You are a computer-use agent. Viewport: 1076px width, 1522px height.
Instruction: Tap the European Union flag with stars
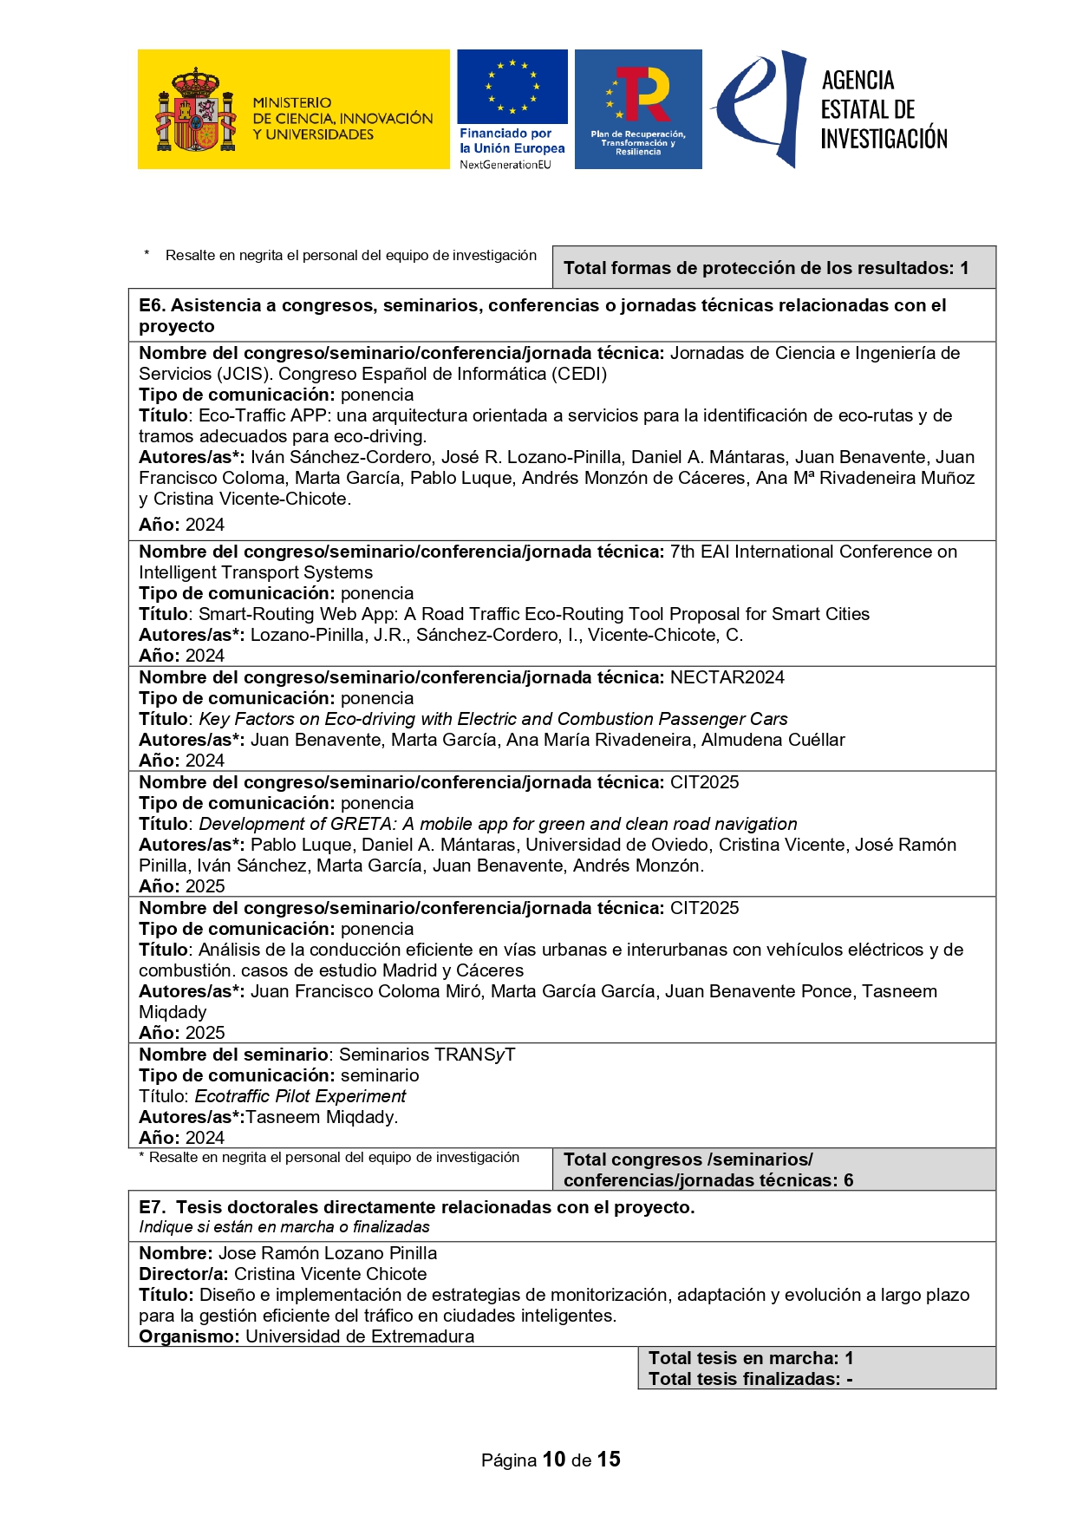512,87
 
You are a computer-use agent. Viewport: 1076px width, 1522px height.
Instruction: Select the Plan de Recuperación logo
638,108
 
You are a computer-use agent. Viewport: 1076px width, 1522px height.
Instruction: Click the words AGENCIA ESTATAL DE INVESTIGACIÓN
884,109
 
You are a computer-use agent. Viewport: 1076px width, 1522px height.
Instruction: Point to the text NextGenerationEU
505,165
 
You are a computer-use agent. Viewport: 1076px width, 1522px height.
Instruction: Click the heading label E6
152,305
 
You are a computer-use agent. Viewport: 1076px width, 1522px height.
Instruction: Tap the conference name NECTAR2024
727,677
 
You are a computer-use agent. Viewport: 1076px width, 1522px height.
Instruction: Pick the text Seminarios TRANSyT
427,1055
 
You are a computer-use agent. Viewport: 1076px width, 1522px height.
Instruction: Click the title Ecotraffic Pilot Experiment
300,1096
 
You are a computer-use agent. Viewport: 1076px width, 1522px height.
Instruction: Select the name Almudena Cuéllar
773,740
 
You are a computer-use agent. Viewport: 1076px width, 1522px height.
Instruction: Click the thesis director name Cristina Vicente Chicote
330,1274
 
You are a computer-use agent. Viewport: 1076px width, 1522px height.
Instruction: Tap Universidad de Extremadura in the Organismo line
360,1336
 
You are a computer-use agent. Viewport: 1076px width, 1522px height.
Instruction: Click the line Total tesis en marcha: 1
751,1358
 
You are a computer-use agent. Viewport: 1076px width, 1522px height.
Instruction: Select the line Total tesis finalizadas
751,1379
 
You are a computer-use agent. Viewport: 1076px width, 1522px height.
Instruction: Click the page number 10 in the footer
554,1460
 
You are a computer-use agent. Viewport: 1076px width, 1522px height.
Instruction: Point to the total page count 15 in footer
609,1460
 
